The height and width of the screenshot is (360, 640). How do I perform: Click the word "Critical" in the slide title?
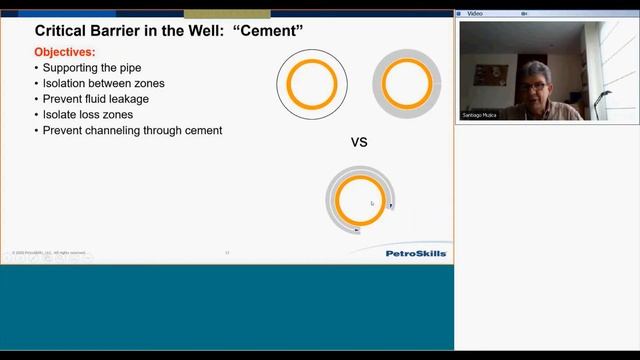point(61,31)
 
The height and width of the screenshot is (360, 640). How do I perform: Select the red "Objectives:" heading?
point(65,51)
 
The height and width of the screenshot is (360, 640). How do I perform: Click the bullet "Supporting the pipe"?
point(91,67)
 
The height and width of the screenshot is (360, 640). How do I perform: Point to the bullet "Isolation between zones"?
point(103,83)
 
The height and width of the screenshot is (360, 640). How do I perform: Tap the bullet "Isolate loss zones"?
point(89,115)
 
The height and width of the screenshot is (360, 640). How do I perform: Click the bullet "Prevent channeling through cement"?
point(132,131)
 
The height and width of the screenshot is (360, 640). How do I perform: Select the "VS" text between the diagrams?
point(359,143)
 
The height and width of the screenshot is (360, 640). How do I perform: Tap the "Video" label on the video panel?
point(476,14)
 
